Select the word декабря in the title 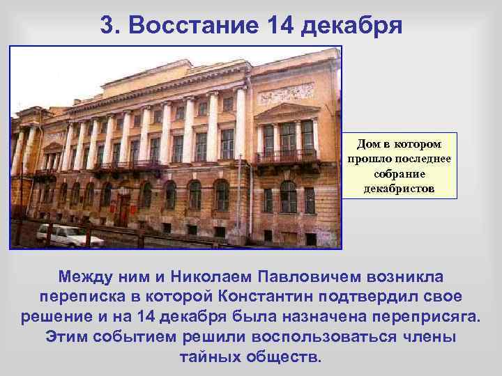[x=351, y=26]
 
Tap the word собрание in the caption [x=400, y=174]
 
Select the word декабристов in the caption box [x=400, y=189]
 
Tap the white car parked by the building [x=69, y=236]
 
